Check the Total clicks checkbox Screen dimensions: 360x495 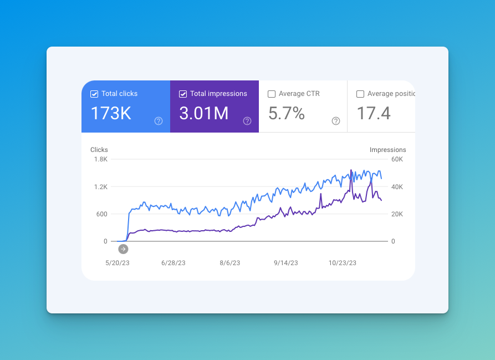94,94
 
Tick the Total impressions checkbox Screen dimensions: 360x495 183,94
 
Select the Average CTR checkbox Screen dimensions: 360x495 272,94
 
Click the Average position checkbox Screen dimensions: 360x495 360,94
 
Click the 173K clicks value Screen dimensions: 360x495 111,113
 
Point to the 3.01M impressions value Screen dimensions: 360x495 203,113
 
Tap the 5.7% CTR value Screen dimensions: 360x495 287,113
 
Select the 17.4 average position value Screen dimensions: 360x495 374,113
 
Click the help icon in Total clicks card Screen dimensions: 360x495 159,121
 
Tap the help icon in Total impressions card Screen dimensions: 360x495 247,121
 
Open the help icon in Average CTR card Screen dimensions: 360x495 336,121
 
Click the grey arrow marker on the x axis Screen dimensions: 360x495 123,249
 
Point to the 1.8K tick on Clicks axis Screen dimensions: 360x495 100,159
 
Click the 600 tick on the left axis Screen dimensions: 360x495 102,214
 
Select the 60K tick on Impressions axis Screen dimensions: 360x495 397,159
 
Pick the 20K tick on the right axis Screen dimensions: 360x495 397,214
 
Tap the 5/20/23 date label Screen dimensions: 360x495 118,263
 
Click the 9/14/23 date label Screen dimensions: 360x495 286,263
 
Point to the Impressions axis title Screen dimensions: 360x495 387,150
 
